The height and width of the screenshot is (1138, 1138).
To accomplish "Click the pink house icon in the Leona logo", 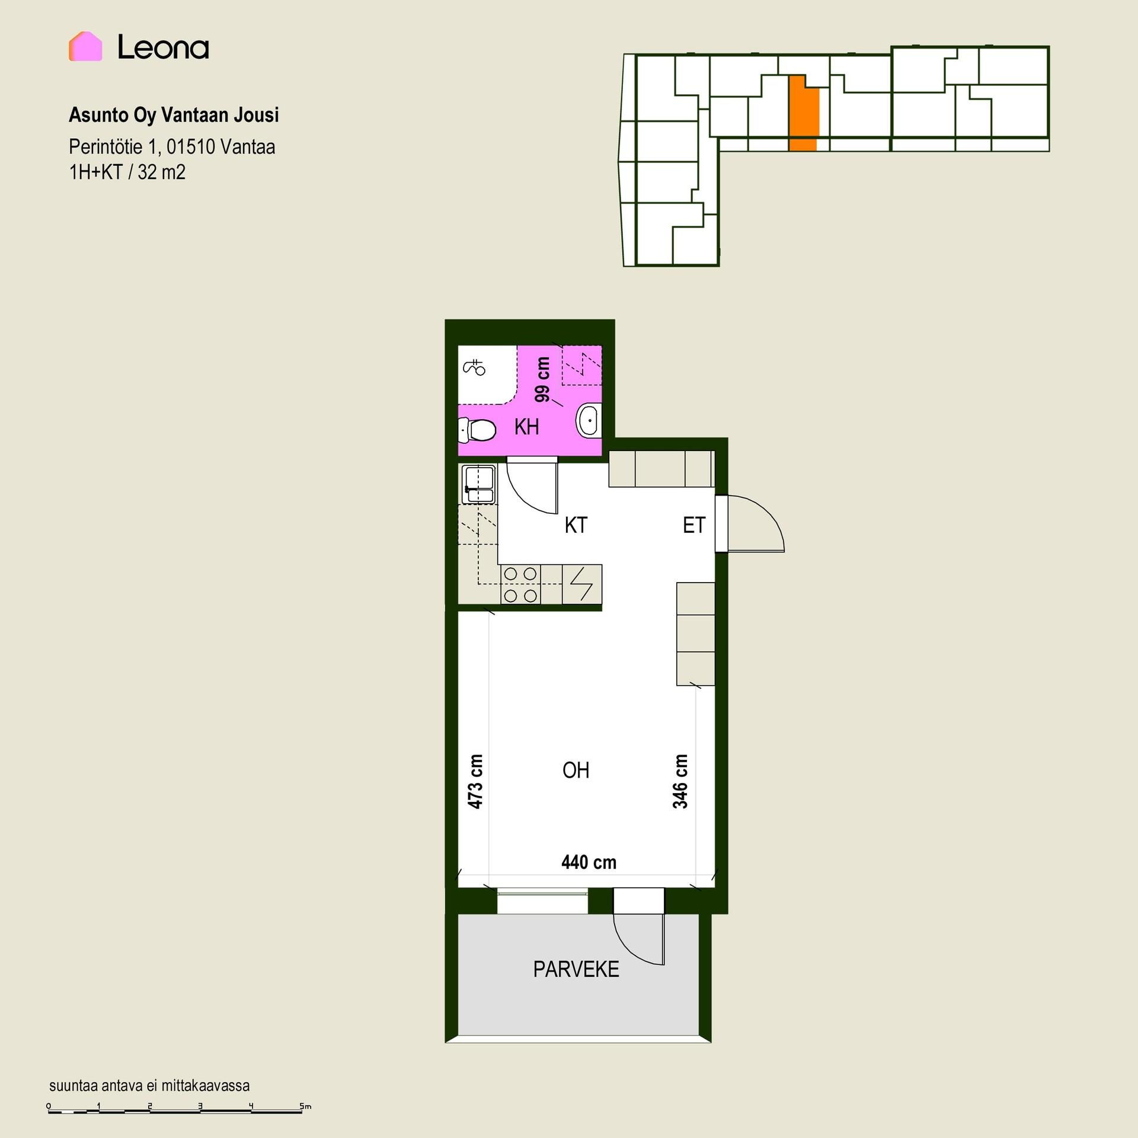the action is tap(85, 46).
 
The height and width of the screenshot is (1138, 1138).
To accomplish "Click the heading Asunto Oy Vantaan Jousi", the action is tap(174, 115).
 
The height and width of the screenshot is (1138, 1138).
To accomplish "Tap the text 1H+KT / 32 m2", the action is tap(127, 172).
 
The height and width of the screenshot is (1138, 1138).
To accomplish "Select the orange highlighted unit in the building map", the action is tap(804, 113).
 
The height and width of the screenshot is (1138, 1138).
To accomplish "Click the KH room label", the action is tap(526, 427).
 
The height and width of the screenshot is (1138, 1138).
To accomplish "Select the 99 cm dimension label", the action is tap(542, 379).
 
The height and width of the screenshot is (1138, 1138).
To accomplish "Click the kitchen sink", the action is tap(478, 484).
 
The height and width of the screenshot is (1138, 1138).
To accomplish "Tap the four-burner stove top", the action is tap(521, 584).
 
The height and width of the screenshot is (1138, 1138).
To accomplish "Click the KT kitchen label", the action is tap(576, 525).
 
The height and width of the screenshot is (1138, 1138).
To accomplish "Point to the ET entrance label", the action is tap(694, 525).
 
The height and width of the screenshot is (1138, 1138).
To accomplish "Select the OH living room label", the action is tap(576, 771).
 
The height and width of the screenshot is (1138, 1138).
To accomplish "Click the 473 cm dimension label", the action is tap(475, 781).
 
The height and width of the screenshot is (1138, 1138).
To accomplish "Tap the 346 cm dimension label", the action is tap(680, 781).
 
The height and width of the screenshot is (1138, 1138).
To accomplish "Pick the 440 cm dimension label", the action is tap(589, 862).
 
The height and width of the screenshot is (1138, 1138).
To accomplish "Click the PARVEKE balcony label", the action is tap(576, 970).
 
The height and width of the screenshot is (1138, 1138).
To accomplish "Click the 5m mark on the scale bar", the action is tap(305, 1106).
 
